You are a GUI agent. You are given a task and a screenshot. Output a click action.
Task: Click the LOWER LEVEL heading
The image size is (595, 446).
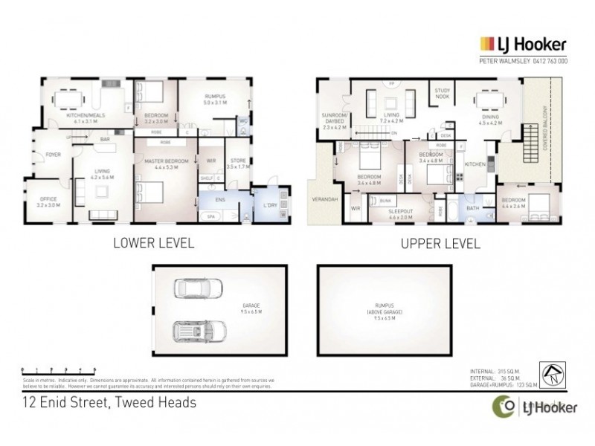click(153, 242)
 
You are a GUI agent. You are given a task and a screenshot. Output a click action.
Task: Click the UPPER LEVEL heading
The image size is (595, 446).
click(440, 242)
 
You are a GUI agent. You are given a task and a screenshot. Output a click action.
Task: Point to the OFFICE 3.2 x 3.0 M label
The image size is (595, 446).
click(47, 201)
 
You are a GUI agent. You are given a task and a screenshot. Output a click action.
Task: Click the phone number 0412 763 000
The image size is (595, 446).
click(549, 61)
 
